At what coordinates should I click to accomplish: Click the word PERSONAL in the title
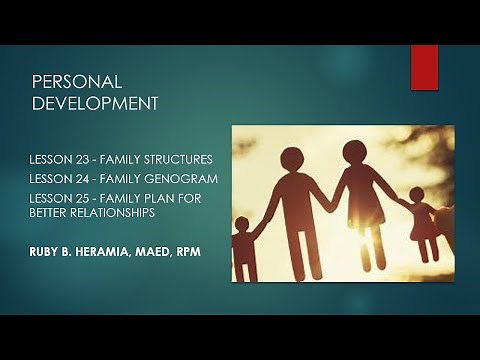[x=77, y=82]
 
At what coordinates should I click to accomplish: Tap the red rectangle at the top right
[x=424, y=67]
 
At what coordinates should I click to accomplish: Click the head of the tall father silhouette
[x=291, y=159]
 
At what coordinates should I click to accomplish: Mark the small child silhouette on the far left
[x=242, y=245]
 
